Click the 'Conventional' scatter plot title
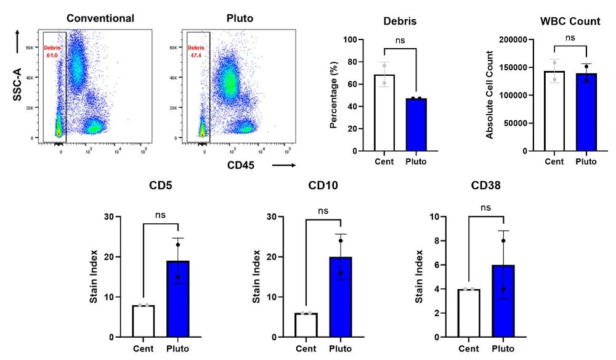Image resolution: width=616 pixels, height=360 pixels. tap(100, 18)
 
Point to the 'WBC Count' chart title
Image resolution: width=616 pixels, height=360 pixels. tap(570, 21)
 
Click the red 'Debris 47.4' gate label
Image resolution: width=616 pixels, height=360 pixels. tap(197, 51)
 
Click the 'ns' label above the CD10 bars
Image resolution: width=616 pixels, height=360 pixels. tap(323, 211)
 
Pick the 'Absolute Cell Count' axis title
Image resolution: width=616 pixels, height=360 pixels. tap(490, 95)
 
